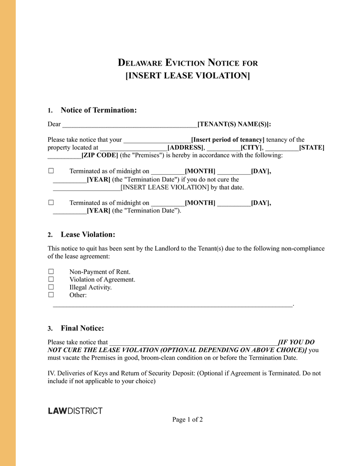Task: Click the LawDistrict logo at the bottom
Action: point(75,411)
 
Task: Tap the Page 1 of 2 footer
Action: point(187,420)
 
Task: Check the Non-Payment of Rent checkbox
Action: point(51,271)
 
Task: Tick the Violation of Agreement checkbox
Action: point(51,279)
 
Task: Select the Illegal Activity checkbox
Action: point(51,287)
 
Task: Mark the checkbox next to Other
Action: point(51,294)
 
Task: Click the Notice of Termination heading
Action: point(98,110)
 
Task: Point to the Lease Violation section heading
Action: point(88,235)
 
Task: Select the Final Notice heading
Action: point(82,328)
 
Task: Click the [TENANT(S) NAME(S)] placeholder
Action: point(234,124)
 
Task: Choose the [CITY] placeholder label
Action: point(252,147)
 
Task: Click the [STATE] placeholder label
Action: point(311,147)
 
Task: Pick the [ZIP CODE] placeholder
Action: point(99,155)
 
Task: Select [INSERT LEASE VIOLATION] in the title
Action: point(187,76)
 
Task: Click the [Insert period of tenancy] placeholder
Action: point(228,140)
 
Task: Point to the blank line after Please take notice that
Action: point(193,343)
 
